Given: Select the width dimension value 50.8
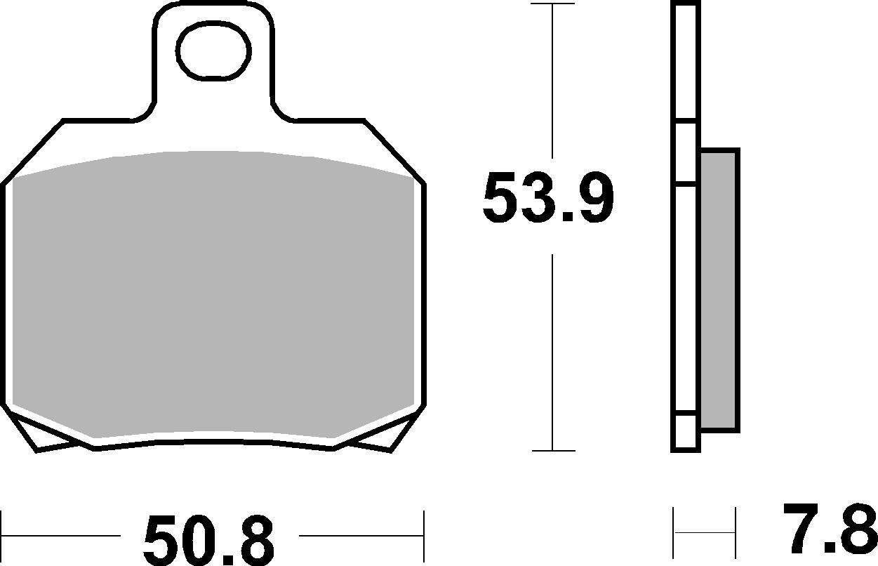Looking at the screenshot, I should (208, 540).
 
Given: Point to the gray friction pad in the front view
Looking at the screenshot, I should (213, 295).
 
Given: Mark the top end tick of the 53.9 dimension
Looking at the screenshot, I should (553, 4).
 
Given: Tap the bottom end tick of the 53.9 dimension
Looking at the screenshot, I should (553, 451).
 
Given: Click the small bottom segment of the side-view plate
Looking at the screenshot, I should (686, 431).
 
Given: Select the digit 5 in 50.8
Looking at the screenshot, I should (161, 541).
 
